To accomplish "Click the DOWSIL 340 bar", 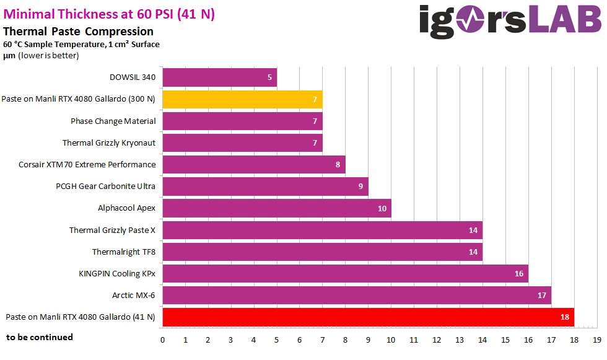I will coord(219,77).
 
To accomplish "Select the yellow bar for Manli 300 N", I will coord(242,99).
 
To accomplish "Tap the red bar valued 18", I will coord(368,317).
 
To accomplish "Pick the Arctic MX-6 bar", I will coord(356,296).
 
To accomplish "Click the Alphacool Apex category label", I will coord(126,208).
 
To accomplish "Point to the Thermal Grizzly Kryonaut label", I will coord(109,143).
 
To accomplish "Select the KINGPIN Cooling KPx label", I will coord(117,273).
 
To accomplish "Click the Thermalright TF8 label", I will coord(123,252).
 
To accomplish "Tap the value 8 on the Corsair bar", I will coord(338,165).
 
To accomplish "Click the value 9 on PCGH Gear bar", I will coord(360,187).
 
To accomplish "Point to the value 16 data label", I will coord(519,274).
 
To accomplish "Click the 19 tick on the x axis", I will coord(597,340).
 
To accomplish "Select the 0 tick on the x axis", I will coord(162,340).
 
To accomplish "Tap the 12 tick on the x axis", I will coord(437,340).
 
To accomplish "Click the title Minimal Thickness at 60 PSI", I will coord(109,14).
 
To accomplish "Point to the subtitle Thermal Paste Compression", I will coord(78,31).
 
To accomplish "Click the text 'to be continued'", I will coord(40,337).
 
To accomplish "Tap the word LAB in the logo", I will coord(566,20).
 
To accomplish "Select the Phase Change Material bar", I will coord(242,121).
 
